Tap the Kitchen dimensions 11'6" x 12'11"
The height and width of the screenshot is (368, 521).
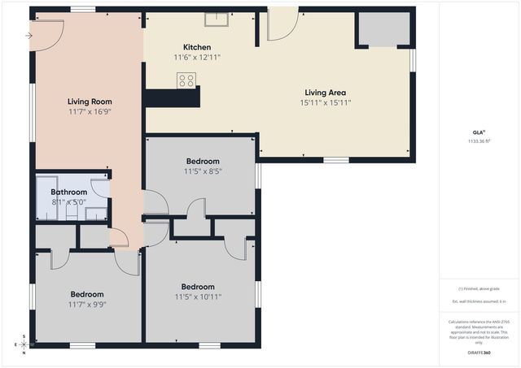pyautogui.click(x=196, y=58)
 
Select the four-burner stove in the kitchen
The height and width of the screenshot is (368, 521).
pyautogui.click(x=186, y=80)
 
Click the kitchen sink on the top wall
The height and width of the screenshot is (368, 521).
pyautogui.click(x=217, y=20)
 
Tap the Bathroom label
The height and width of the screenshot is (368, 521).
pyautogui.click(x=62, y=192)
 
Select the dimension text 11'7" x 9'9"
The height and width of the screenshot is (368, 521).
pyautogui.click(x=86, y=305)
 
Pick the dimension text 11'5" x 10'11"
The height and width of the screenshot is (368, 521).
pyautogui.click(x=198, y=297)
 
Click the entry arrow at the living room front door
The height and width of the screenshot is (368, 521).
pyautogui.click(x=29, y=36)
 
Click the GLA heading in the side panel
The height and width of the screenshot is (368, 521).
pyautogui.click(x=479, y=132)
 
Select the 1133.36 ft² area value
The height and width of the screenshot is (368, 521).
pyautogui.click(x=479, y=141)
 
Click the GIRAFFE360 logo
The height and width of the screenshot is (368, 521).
pyautogui.click(x=479, y=353)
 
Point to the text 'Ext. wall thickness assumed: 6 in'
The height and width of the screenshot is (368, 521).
pyautogui.click(x=479, y=301)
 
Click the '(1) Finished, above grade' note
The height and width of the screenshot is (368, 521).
pyautogui.click(x=479, y=288)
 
